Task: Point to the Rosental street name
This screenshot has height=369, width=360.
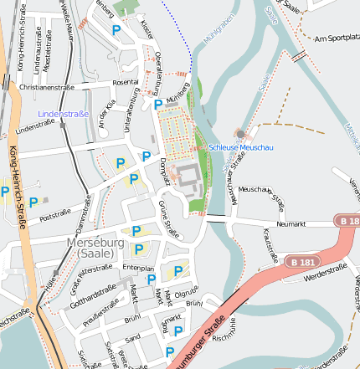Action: (125, 82)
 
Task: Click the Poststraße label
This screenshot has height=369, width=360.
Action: (55, 214)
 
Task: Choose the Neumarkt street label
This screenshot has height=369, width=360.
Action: (291, 224)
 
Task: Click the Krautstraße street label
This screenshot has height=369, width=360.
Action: (270, 242)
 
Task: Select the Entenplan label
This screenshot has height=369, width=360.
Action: (138, 267)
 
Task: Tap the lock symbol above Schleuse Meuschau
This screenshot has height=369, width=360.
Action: (241, 134)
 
